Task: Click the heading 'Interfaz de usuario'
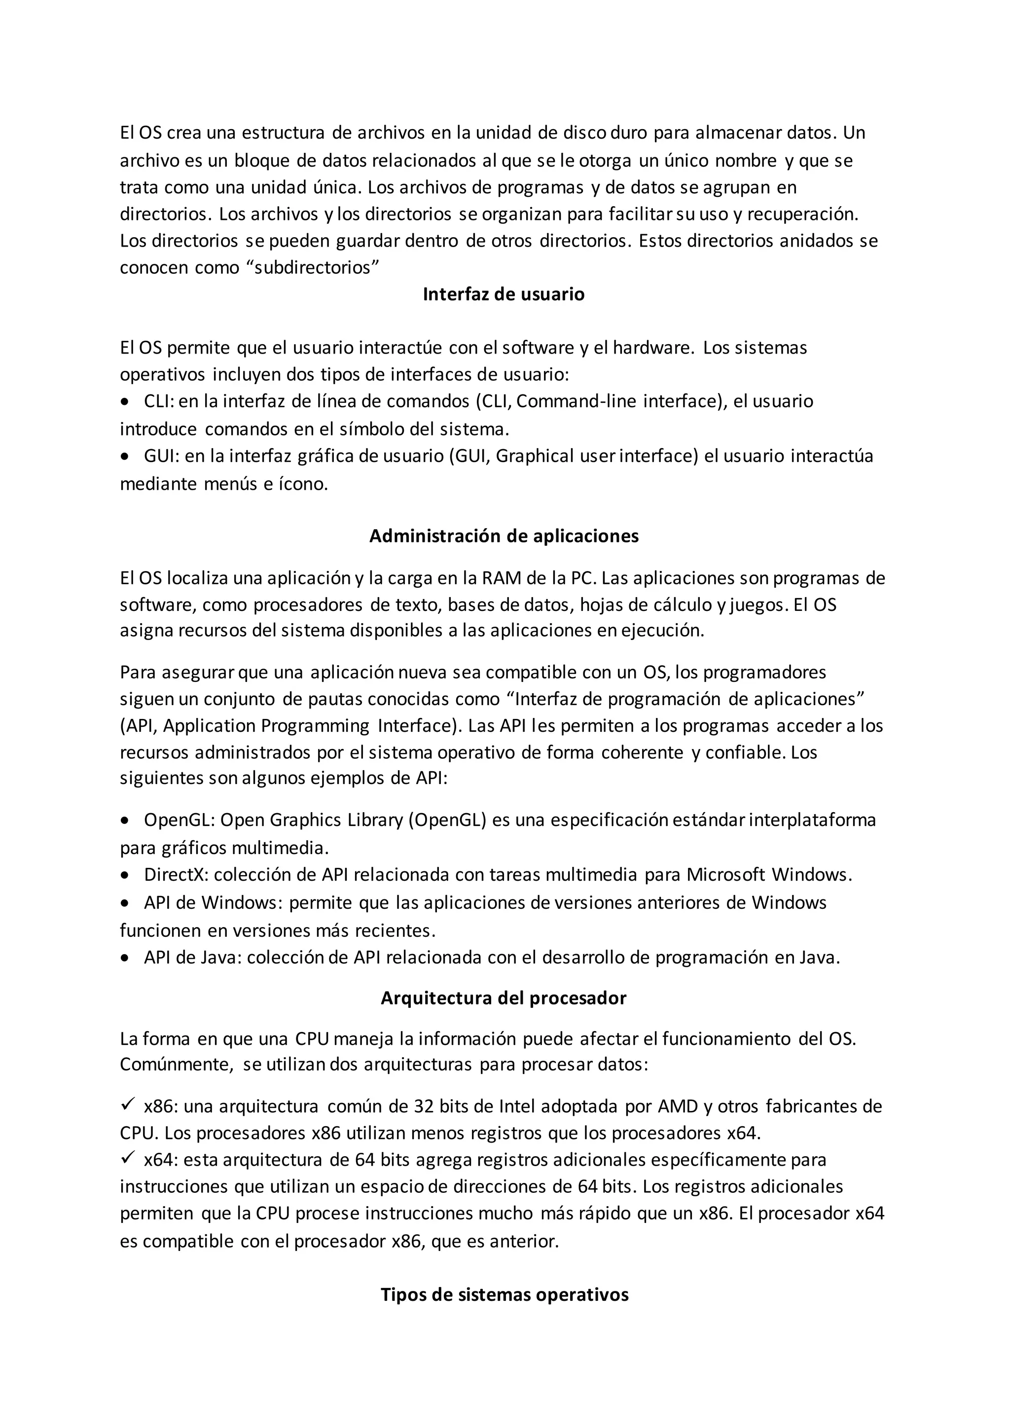(504, 294)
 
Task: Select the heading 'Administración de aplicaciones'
(504, 536)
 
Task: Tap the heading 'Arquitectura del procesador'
(504, 998)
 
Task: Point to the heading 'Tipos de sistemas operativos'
(505, 1295)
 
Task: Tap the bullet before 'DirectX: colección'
(126, 876)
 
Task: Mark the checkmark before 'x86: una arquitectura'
(128, 1105)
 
